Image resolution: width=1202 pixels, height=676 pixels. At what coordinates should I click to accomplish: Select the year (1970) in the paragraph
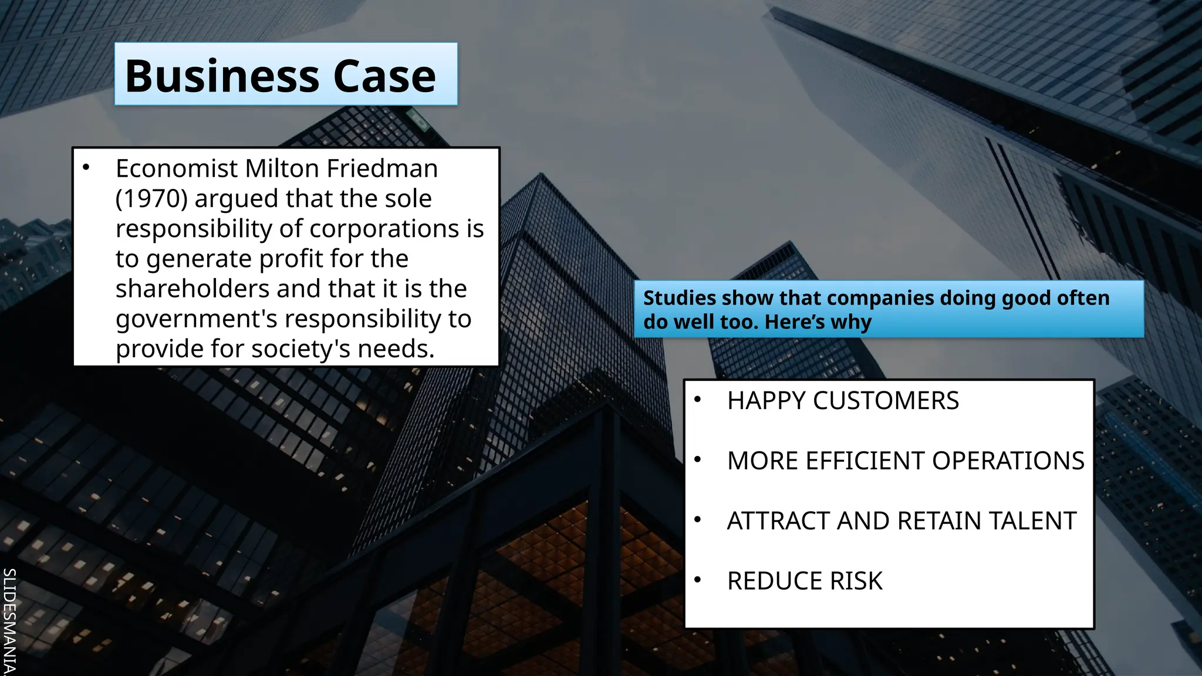tap(151, 199)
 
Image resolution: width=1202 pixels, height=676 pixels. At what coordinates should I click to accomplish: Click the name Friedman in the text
tap(382, 169)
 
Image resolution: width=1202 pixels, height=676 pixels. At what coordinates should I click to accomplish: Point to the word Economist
tap(177, 169)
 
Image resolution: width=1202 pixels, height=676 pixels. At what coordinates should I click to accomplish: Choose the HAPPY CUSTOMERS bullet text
tap(843, 401)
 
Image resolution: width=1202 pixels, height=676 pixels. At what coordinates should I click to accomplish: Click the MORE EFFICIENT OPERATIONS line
tap(906, 461)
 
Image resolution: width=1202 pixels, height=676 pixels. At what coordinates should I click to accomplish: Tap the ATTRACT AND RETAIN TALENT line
tap(901, 521)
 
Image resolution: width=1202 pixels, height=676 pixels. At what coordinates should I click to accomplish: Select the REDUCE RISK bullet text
tap(805, 581)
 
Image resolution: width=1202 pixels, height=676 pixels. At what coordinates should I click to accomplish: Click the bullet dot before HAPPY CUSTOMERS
tap(697, 400)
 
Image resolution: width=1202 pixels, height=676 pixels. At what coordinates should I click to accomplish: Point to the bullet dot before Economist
tap(86, 168)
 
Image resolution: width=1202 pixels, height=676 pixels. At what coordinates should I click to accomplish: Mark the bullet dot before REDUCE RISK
tap(697, 580)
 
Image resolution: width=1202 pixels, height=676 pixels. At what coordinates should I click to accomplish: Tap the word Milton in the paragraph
tap(283, 169)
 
